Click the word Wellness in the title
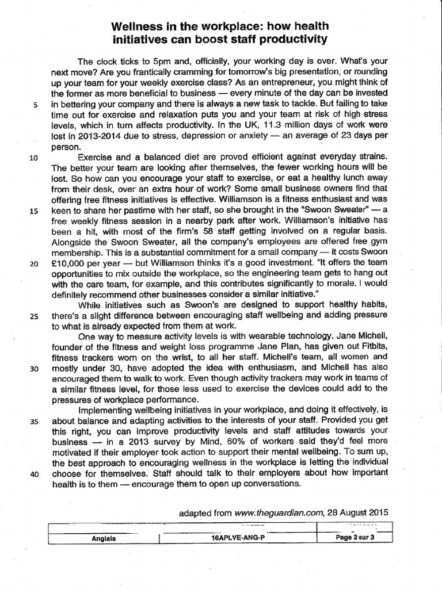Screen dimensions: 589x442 [137, 27]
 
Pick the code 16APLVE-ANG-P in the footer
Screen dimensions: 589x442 [244, 539]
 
